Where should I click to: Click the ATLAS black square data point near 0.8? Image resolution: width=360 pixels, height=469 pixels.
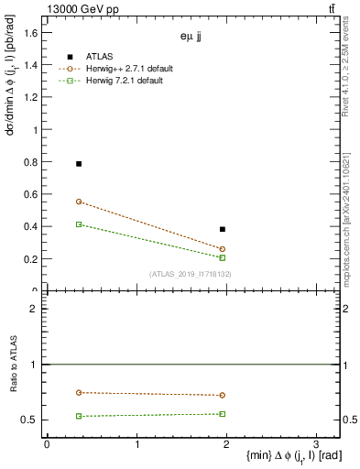pos(79,164)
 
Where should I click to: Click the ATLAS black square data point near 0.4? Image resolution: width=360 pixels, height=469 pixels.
pos(223,229)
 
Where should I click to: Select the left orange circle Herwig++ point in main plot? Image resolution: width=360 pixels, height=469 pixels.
pos(79,202)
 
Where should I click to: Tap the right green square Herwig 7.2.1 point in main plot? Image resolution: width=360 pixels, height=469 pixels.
pos(223,258)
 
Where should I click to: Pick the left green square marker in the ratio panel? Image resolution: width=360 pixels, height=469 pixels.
pos(79,416)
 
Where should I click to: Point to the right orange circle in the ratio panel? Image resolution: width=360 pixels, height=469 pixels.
pos(223,396)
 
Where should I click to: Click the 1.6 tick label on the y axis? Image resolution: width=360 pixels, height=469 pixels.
pos(30,33)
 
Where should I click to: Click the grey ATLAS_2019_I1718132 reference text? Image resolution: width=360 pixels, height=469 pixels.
pos(191,274)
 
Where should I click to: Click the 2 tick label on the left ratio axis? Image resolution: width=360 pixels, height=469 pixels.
pos(33,310)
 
